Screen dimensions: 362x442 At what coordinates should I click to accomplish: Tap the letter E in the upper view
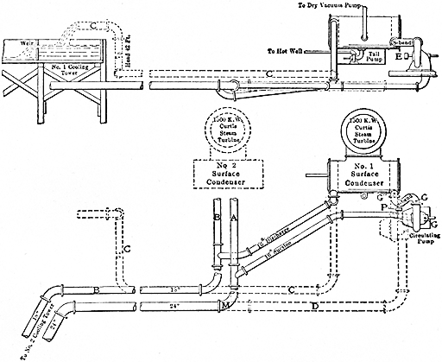(399, 57)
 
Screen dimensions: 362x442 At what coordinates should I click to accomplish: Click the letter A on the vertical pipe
(233, 219)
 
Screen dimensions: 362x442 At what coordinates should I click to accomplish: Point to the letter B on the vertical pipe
(218, 219)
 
